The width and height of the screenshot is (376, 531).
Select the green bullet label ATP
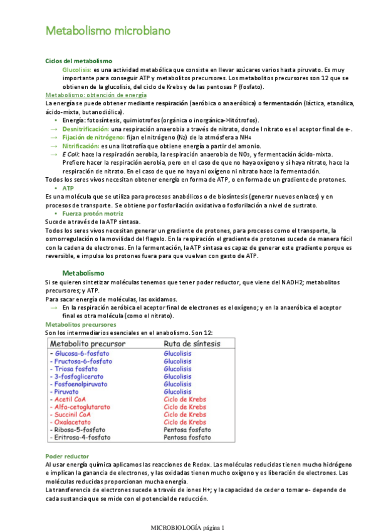tap(68, 188)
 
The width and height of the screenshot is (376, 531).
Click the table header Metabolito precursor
tap(90, 343)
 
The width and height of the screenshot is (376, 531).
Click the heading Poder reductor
tap(67, 456)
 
